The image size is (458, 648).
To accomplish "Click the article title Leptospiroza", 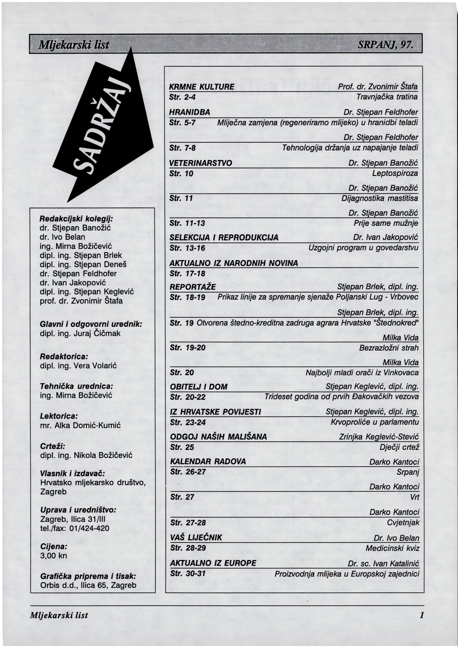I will [x=395, y=173].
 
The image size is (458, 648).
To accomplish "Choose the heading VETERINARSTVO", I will [x=201, y=163].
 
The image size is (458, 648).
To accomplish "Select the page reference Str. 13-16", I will [x=187, y=248].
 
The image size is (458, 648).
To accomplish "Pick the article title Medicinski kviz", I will [x=392, y=548].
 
